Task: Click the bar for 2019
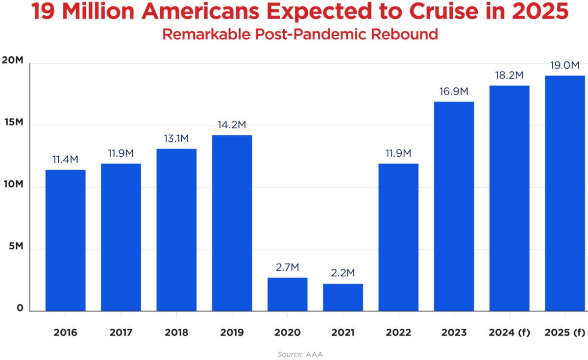tap(232, 223)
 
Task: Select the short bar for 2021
tap(343, 297)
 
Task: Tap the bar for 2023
tap(454, 206)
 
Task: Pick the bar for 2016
tap(65, 240)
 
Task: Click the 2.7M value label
tap(287, 267)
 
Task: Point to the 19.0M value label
tap(564, 65)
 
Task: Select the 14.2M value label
tap(232, 125)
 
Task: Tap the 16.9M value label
tap(454, 92)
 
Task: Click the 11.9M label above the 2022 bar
tap(398, 153)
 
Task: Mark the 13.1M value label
tap(176, 139)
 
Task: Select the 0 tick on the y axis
tap(20, 309)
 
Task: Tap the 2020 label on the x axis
tap(287, 333)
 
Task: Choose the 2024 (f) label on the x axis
tap(509, 333)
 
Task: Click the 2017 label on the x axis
tap(121, 333)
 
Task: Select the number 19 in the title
tap(44, 13)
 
